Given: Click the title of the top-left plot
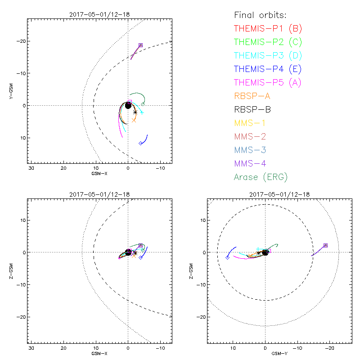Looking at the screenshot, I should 99,14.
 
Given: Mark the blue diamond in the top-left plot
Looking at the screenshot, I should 141,143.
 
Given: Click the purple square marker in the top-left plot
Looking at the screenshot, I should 140,45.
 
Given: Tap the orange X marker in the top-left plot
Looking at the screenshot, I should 134,120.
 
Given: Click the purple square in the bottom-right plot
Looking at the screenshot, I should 325,245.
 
